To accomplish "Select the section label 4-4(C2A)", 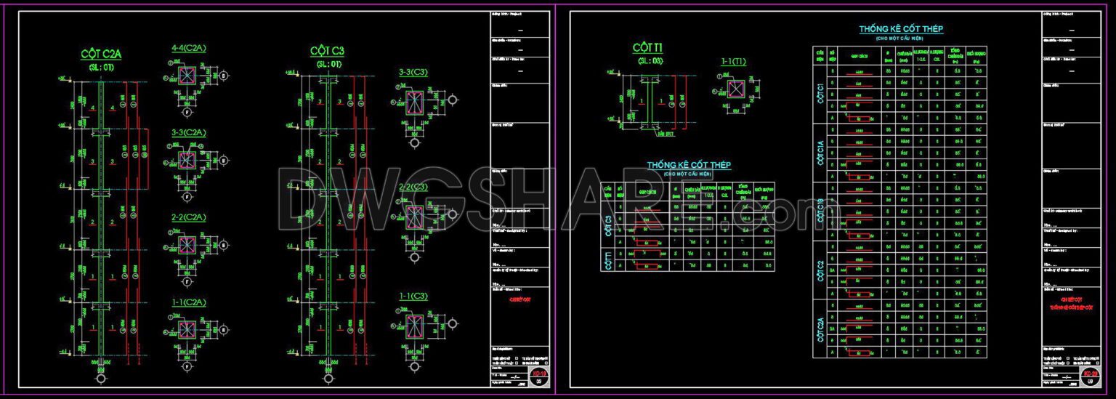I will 188,48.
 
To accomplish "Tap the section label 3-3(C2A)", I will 188,133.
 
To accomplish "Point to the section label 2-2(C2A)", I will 188,217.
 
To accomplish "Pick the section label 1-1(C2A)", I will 188,302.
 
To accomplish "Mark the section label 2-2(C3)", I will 413,187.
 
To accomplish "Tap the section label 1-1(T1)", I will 733,62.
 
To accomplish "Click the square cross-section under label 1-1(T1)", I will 736,89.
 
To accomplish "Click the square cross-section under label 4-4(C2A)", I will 187,76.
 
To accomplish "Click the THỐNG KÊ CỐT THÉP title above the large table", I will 901,29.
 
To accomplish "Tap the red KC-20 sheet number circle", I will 1090,374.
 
